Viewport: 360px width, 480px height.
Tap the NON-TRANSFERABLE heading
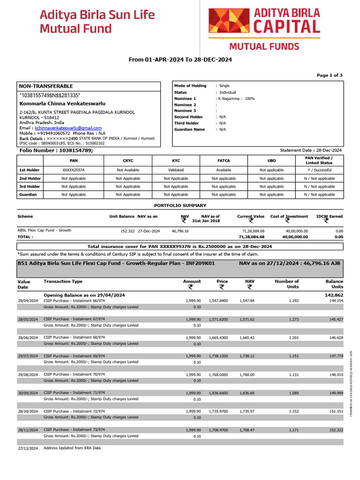point(46,86)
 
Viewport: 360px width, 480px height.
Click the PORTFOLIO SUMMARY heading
point(180,205)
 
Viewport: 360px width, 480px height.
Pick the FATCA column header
point(224,160)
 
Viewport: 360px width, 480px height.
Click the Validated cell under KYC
point(176,170)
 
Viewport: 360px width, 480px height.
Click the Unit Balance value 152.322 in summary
point(127,231)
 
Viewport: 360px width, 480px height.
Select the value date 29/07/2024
point(28,356)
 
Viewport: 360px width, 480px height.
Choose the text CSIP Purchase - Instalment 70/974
point(74,374)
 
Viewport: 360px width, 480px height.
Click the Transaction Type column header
point(63,281)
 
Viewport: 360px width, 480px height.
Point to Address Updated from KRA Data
point(72,448)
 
